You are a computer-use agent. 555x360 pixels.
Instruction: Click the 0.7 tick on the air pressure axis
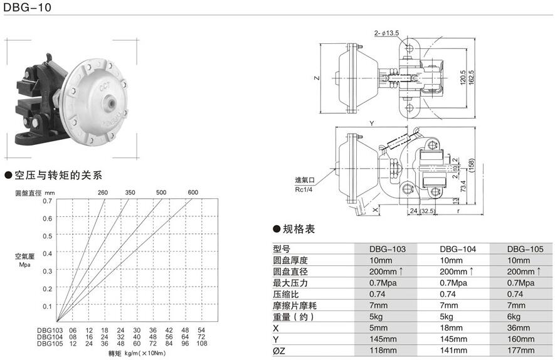click(48, 201)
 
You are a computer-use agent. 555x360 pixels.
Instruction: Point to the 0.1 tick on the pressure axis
click(48, 306)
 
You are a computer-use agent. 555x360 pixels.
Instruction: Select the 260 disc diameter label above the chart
click(102, 193)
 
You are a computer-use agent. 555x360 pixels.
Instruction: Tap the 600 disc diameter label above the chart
click(193, 193)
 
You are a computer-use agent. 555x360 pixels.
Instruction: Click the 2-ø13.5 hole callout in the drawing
click(387, 33)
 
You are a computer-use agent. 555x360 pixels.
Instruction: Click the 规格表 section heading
click(298, 229)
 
